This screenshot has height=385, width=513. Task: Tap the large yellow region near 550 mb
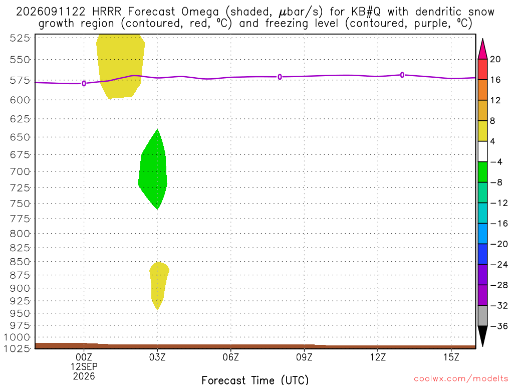(120, 66)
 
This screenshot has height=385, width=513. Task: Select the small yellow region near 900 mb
(159, 284)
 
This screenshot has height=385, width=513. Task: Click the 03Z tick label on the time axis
(157, 357)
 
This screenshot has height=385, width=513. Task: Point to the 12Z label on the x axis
(378, 357)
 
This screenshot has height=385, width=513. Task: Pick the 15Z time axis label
(451, 357)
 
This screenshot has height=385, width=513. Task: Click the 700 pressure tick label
(20, 171)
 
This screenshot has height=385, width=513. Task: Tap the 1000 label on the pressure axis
(17, 337)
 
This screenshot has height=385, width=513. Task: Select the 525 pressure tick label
(20, 38)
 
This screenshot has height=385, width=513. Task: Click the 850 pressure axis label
(20, 262)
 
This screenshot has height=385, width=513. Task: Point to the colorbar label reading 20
(495, 59)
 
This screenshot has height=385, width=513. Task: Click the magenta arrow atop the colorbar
(482, 49)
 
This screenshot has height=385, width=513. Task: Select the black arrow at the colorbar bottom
(482, 336)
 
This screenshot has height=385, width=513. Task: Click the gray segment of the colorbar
(482, 316)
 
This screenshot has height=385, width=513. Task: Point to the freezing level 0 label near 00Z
(84, 84)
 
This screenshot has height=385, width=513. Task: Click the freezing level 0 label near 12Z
(402, 75)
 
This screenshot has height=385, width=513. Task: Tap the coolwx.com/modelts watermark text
(461, 379)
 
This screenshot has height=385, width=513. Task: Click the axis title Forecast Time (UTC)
(255, 380)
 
